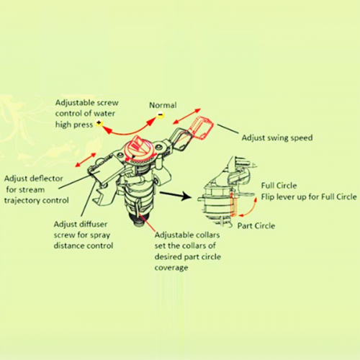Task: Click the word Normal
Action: (x=163, y=105)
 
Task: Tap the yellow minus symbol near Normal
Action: (x=161, y=115)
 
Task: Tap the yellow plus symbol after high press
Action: (x=99, y=123)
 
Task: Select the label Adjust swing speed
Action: (x=277, y=138)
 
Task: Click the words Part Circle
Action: (x=256, y=226)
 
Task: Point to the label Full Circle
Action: (x=279, y=186)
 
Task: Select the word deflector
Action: (x=47, y=179)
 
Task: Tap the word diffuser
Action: (x=94, y=225)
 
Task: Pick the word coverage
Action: (x=171, y=268)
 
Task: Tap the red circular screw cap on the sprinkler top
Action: (x=138, y=148)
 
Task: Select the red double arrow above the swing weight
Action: (x=186, y=117)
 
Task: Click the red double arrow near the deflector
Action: (x=86, y=160)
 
